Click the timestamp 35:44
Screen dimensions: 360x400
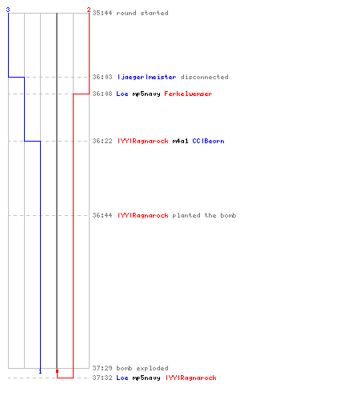102,13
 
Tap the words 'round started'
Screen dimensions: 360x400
142,13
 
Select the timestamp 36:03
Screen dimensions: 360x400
102,77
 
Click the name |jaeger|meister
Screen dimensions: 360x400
146,77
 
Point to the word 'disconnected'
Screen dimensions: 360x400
204,77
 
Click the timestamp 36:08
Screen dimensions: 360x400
102,94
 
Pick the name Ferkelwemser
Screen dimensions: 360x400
188,94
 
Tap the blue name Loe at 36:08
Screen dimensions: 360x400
122,94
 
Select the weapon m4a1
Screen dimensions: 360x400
180,141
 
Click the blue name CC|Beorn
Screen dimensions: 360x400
208,141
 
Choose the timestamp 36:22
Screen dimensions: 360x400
102,141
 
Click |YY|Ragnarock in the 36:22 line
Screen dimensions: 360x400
143,141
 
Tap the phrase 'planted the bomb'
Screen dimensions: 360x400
204,215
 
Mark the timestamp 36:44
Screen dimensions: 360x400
102,215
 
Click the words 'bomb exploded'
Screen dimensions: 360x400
142,368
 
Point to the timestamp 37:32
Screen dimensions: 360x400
102,378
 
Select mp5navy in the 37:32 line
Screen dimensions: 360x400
146,378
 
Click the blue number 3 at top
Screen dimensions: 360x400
8,10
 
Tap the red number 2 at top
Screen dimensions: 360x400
89,10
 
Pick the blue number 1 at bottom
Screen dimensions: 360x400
40,371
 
